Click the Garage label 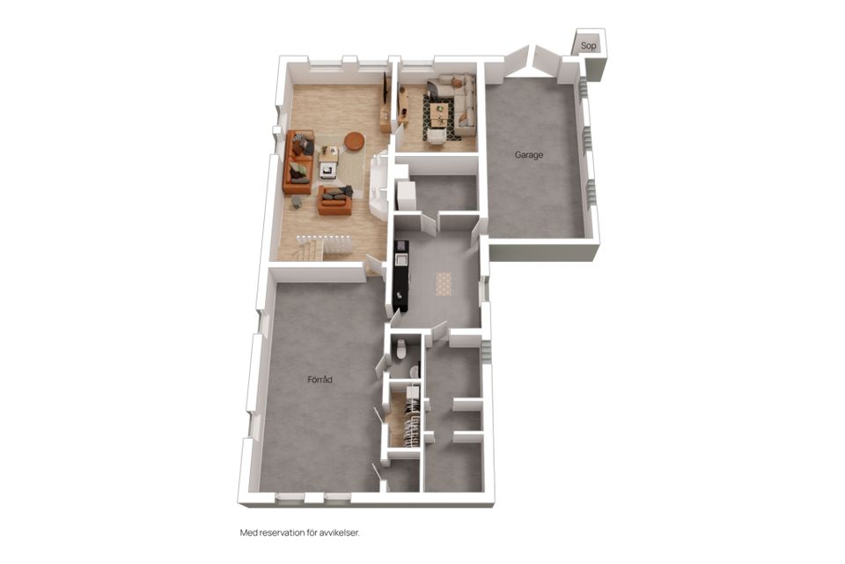(529, 155)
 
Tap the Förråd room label (320, 380)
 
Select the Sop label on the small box (589, 46)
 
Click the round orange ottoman (355, 140)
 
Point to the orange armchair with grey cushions (334, 200)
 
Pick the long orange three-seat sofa (298, 162)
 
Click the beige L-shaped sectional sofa (458, 102)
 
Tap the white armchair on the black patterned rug (437, 137)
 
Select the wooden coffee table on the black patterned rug (441, 112)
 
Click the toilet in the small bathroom (400, 349)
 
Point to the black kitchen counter (401, 275)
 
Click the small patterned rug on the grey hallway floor (444, 284)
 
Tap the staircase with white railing (323, 247)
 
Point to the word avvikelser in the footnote (341, 533)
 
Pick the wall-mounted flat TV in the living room (386, 88)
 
